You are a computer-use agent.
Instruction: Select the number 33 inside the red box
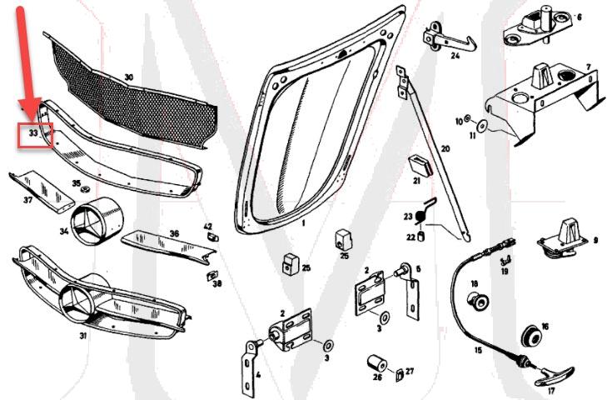(34, 133)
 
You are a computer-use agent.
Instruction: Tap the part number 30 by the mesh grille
(128, 77)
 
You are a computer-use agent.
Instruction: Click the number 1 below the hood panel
(304, 224)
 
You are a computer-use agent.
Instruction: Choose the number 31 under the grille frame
(82, 336)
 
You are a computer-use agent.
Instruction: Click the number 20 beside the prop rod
(445, 149)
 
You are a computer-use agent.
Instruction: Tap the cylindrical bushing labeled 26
(376, 363)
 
